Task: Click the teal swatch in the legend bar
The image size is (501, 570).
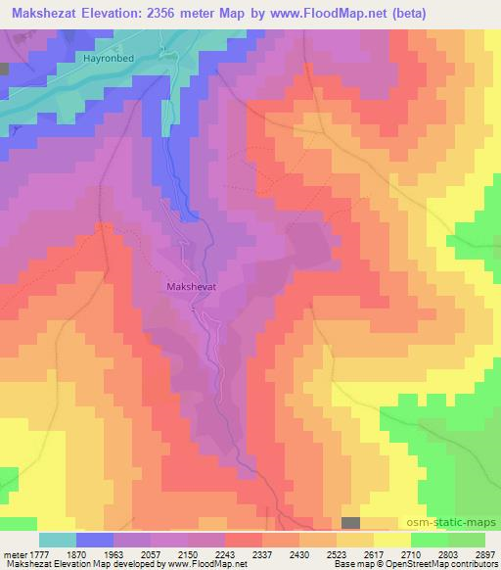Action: click(x=58, y=540)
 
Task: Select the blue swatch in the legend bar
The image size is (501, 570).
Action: click(x=95, y=540)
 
